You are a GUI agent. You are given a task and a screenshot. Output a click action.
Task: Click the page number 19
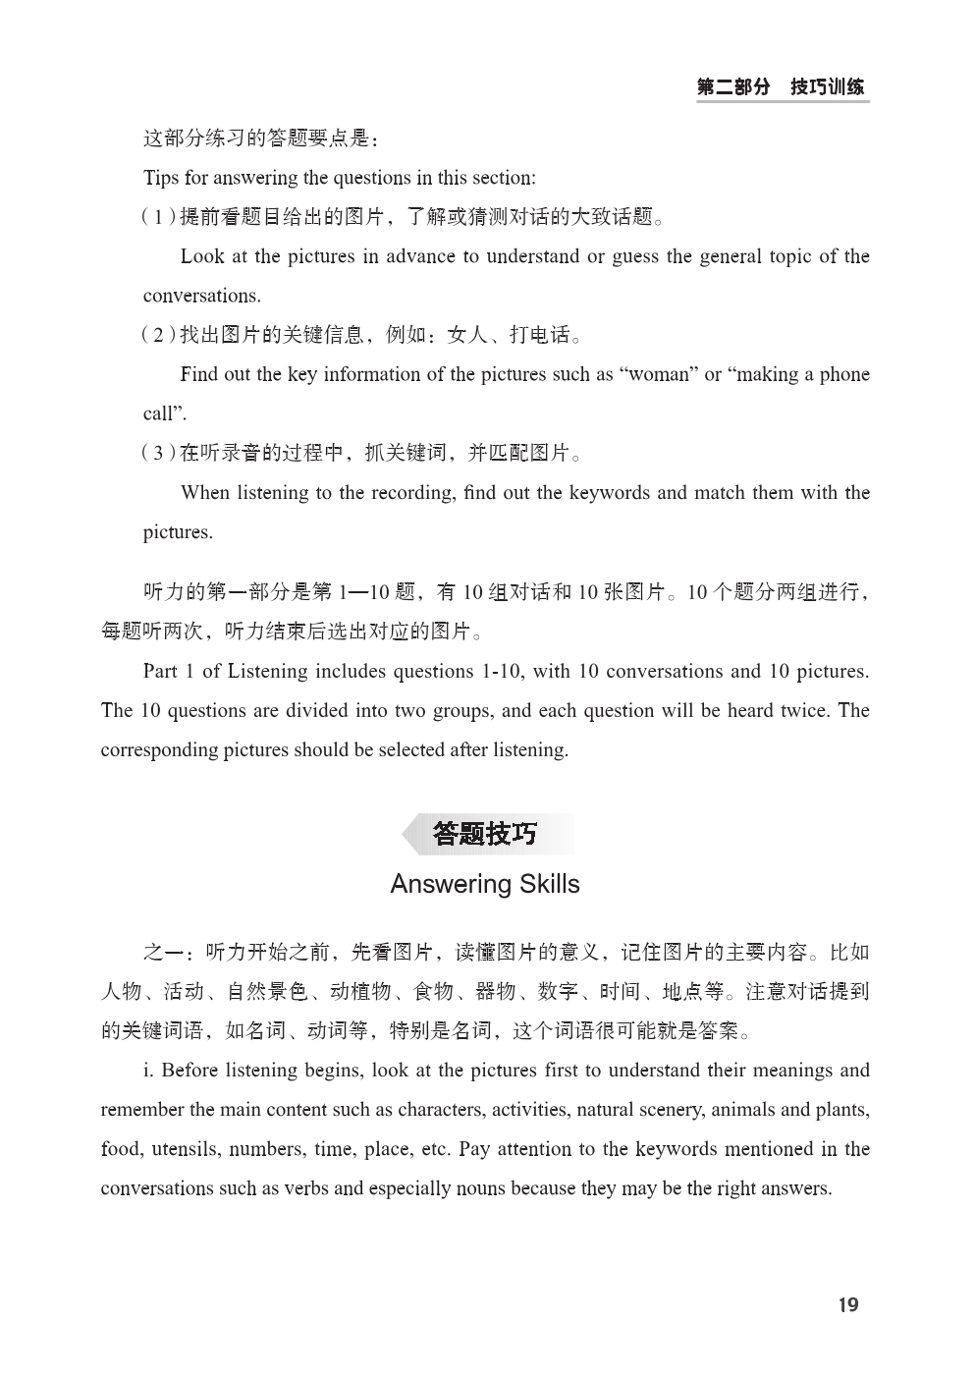pos(848,1304)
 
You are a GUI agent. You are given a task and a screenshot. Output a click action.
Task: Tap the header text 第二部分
pos(733,87)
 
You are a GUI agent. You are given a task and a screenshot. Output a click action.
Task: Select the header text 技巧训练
pos(828,87)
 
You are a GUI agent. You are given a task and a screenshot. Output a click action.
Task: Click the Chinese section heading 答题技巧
pos(485,835)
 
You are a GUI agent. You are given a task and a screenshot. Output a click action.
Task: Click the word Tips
pos(161,178)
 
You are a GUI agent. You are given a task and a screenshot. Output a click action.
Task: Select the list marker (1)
pos(158,217)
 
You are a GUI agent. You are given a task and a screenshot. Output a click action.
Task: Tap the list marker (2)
pos(158,335)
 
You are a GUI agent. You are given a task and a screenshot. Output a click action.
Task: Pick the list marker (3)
pos(158,453)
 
